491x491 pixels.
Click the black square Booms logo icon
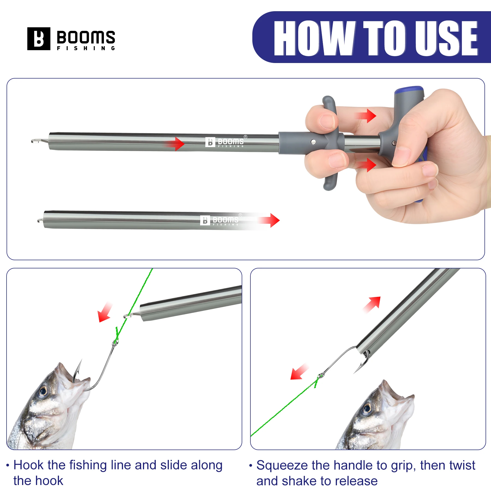(x=39, y=39)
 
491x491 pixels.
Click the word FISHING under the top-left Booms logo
(x=86, y=48)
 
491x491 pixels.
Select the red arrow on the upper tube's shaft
(x=176, y=143)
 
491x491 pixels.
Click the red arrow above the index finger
(x=367, y=116)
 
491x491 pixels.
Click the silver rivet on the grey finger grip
(x=313, y=142)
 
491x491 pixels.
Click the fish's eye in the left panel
(x=43, y=392)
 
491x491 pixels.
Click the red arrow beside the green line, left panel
(x=105, y=313)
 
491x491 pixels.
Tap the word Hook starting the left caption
(x=28, y=465)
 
